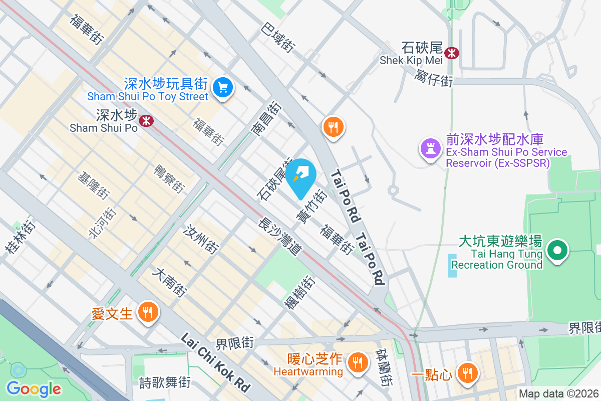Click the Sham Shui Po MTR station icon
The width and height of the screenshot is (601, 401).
coord(146,120)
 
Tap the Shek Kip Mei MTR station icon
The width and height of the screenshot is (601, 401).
coord(452,53)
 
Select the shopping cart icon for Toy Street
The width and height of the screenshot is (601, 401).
coord(222,88)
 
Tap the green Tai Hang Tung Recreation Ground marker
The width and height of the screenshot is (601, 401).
coord(556,250)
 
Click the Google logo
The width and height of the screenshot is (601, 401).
coord(34,388)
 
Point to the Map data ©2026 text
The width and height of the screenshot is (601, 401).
coord(558,394)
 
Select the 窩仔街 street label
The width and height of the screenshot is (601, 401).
coord(434,78)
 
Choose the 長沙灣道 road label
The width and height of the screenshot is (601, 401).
coord(279,238)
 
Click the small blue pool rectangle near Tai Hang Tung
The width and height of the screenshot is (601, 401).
coord(453,266)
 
